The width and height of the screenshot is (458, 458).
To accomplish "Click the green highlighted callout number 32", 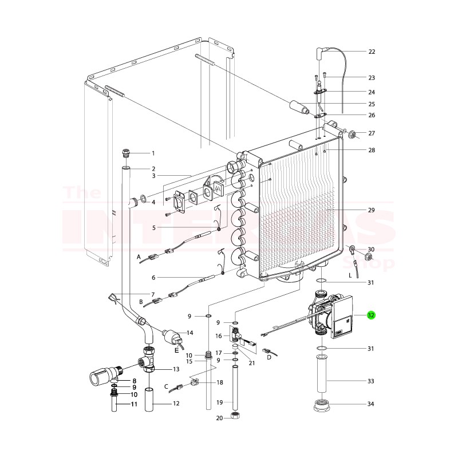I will (x=371, y=315).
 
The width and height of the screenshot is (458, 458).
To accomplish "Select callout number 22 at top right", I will (x=371, y=52).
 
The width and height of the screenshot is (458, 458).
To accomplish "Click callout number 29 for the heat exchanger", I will (x=371, y=211).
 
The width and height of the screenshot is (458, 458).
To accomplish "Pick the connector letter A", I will (x=139, y=258).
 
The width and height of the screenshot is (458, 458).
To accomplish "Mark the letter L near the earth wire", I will (x=350, y=275).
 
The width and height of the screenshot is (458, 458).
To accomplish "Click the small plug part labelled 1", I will (x=127, y=153).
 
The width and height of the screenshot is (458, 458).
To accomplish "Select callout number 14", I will (x=189, y=333).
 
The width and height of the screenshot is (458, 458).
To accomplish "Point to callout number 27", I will (x=371, y=134).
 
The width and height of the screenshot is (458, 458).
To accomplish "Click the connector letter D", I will (x=269, y=358).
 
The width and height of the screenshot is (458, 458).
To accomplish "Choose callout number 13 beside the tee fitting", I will (x=176, y=369).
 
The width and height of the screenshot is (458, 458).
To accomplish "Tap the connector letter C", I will (x=167, y=386).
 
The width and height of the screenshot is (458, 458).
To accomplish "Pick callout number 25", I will (x=371, y=104).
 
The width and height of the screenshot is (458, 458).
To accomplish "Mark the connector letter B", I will (x=141, y=301).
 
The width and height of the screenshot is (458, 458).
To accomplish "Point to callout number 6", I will (x=153, y=278).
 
